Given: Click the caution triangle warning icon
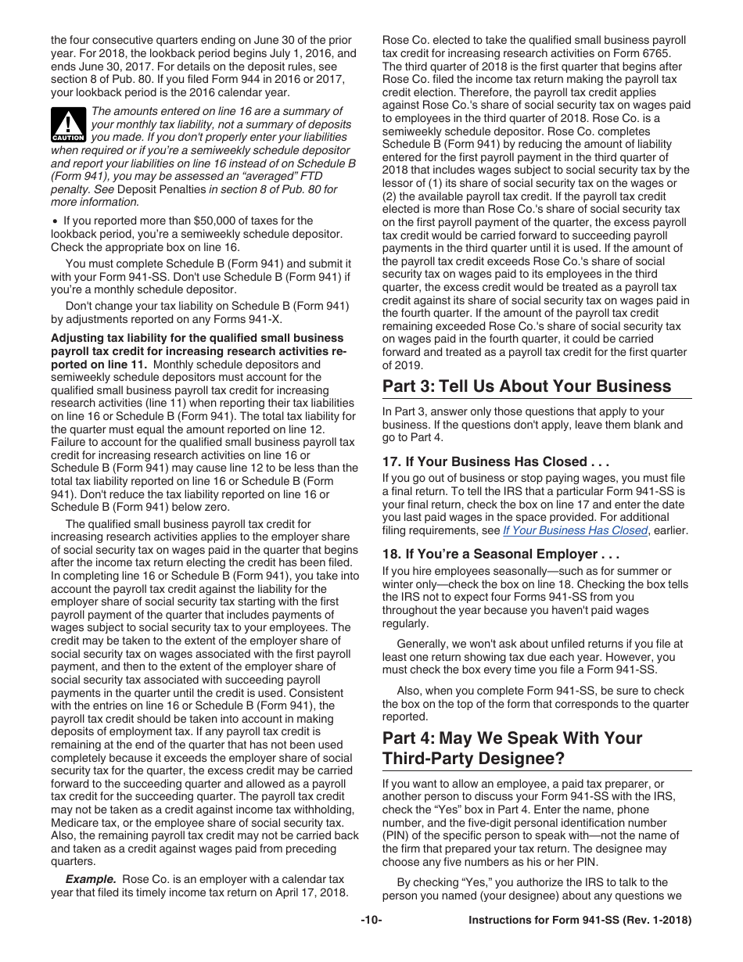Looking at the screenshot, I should pos(69,124).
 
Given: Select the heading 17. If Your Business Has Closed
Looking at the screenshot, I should pos(495,461).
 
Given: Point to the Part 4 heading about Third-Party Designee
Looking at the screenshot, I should pos(512,748).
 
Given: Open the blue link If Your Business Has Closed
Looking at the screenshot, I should pos(575,530).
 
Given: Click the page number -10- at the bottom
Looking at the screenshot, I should pos(371,921).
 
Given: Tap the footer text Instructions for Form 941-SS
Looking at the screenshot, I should pos(580,921).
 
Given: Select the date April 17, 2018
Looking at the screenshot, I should pos(310,892).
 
